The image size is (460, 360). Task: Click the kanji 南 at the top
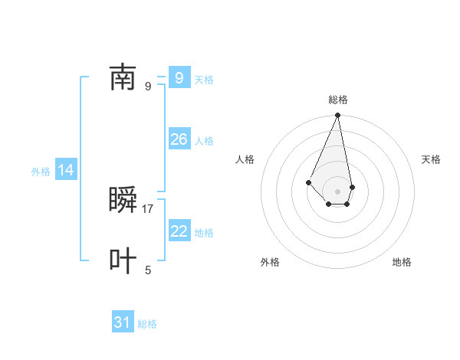click(123, 77)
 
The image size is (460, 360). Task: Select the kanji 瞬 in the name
click(123, 201)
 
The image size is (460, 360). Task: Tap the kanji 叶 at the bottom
click(123, 261)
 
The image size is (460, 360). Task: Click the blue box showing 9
click(179, 77)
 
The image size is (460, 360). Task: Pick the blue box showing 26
click(179, 139)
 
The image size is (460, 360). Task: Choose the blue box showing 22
click(179, 231)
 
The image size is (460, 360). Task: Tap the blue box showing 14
click(66, 170)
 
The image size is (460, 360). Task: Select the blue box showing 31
click(123, 322)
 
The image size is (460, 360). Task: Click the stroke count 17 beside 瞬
click(148, 208)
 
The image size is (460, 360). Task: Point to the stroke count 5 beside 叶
click(148, 270)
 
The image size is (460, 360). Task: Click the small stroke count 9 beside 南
click(148, 86)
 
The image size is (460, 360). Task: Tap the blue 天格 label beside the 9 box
click(204, 80)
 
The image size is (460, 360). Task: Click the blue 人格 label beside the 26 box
click(204, 141)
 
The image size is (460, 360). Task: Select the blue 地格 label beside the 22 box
click(204, 233)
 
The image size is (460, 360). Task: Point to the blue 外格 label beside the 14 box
click(41, 172)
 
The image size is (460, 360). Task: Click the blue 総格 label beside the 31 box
click(147, 324)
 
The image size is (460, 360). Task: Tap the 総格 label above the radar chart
click(337, 100)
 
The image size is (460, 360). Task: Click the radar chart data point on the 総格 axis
click(337, 116)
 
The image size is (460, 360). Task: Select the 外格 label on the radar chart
click(270, 262)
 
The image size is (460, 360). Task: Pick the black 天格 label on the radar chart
click(431, 159)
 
